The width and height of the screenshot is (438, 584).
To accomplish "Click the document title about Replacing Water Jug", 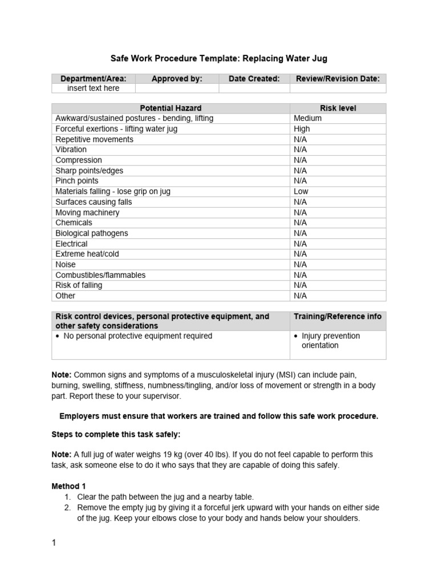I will (218, 58).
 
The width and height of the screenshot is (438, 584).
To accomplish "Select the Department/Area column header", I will (94, 79).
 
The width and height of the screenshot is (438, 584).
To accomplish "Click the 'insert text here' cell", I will (94, 88).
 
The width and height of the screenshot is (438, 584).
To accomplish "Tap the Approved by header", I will (177, 79).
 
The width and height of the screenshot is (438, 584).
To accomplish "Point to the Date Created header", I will (254, 79).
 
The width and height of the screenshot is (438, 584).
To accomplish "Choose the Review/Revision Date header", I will (338, 79).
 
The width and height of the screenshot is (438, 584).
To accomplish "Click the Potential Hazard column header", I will (171, 108).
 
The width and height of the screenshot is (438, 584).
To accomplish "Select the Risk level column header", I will (338, 108).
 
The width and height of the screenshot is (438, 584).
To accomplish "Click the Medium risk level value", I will (307, 118).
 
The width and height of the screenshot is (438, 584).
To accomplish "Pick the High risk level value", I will (302, 129).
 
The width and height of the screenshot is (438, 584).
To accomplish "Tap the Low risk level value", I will (301, 192).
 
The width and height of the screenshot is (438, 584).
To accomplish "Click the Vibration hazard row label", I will (71, 149).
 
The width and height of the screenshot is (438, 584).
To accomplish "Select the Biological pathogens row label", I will (91, 233).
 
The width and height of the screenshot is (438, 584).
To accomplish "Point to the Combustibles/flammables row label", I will (100, 275).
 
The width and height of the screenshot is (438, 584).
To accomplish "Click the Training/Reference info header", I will (338, 317).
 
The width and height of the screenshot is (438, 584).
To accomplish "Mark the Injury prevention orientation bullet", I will (331, 340).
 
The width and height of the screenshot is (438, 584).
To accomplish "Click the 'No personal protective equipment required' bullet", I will (137, 336).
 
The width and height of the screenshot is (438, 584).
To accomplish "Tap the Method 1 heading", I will (68, 486).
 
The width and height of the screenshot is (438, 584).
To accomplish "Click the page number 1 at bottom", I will (54, 543).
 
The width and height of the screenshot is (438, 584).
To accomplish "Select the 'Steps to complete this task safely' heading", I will (116, 435).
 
